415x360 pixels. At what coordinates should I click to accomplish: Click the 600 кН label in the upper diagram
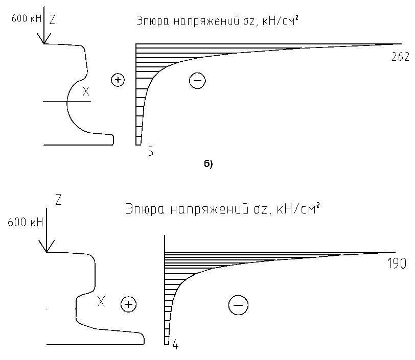(x=27, y=18)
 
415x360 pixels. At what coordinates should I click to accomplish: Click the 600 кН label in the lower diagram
(x=25, y=223)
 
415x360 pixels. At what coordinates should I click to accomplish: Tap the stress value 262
(x=400, y=57)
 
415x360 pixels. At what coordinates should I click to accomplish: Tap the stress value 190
(x=397, y=263)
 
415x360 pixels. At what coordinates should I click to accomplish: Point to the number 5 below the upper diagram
(x=151, y=152)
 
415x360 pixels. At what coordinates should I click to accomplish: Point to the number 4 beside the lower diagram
(x=175, y=345)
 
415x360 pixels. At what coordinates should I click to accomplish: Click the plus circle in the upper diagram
(x=118, y=80)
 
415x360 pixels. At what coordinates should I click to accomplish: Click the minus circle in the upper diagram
(x=197, y=80)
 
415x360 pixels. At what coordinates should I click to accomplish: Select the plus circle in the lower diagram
(x=128, y=304)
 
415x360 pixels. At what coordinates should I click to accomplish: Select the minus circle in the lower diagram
(x=238, y=305)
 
